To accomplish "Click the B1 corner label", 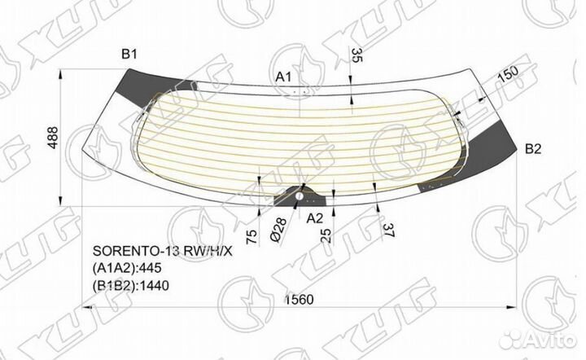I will [129, 55].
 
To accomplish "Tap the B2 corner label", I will [533, 148].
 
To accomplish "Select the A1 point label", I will [283, 76].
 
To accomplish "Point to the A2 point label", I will [315, 217].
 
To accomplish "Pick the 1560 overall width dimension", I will [300, 300].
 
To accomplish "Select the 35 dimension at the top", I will [356, 55].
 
